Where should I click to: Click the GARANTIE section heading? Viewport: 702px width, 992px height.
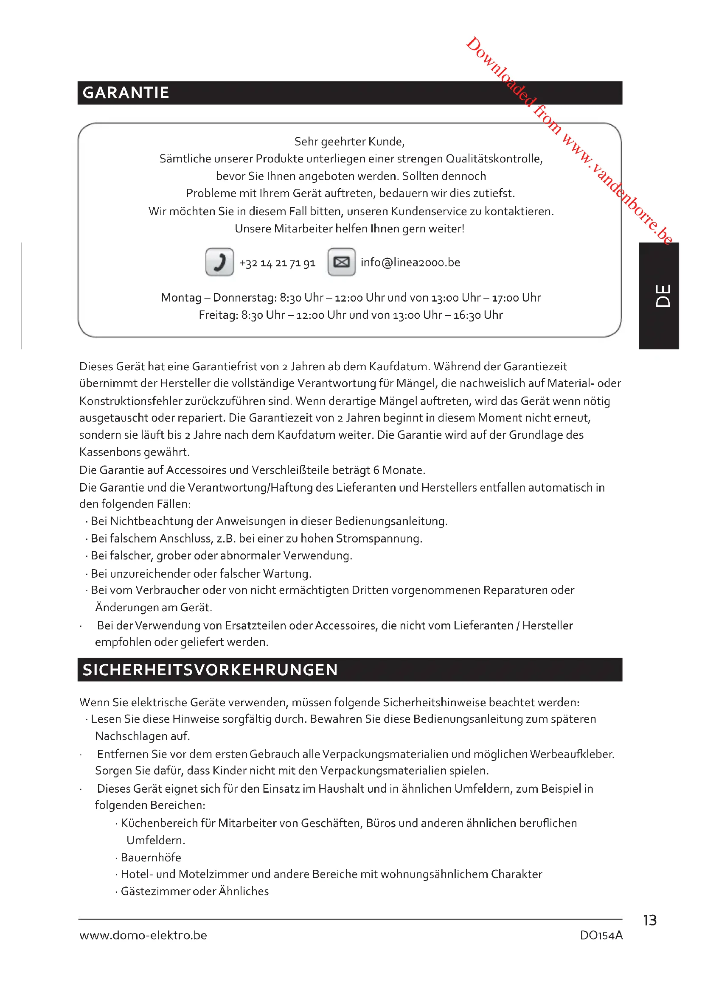pyautogui.click(x=125, y=93)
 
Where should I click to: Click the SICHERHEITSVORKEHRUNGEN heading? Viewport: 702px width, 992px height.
pyautogui.click(x=210, y=670)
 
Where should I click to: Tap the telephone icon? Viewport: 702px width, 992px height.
pyautogui.click(x=219, y=262)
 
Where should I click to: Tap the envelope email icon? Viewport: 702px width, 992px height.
pyautogui.click(x=342, y=262)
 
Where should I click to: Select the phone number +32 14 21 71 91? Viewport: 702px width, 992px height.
pyautogui.click(x=278, y=263)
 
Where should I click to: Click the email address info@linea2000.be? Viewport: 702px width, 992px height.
pyautogui.click(x=410, y=262)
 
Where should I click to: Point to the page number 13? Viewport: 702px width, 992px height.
pyautogui.click(x=649, y=920)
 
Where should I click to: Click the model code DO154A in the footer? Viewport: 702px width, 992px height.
pyautogui.click(x=601, y=936)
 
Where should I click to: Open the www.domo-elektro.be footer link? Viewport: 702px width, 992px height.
pyautogui.click(x=143, y=936)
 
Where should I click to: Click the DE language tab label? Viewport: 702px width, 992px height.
pyautogui.click(x=663, y=296)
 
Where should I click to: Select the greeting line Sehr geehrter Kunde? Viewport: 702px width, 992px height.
pyautogui.click(x=349, y=142)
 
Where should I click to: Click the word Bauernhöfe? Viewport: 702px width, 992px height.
pyautogui.click(x=151, y=857)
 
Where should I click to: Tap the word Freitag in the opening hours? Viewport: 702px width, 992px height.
pyautogui.click(x=217, y=316)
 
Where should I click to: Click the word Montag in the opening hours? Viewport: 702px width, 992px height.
pyautogui.click(x=181, y=298)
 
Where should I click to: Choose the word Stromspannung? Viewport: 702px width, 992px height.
pyautogui.click(x=377, y=539)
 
